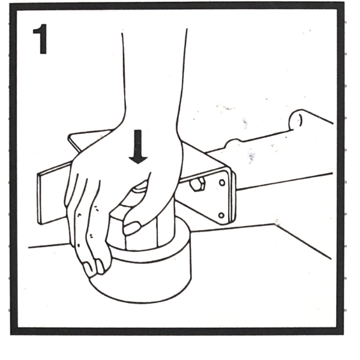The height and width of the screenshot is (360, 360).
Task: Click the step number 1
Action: (x=40, y=39)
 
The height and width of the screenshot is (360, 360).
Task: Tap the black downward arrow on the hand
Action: (x=138, y=147)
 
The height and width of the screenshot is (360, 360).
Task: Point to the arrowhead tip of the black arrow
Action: (x=138, y=164)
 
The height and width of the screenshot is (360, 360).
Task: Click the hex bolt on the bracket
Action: (x=198, y=184)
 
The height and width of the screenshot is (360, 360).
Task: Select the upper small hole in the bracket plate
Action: (x=222, y=183)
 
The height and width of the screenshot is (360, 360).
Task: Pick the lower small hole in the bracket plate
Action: (x=221, y=215)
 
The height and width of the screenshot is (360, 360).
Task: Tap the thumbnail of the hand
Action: (x=132, y=228)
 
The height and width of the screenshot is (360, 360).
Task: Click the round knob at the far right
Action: (x=296, y=120)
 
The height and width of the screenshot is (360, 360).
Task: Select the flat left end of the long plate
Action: (x=39, y=199)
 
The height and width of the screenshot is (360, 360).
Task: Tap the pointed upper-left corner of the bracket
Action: (x=70, y=136)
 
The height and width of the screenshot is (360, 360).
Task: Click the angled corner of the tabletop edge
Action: (x=275, y=224)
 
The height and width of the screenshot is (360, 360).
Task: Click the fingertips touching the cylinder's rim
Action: (x=95, y=268)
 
